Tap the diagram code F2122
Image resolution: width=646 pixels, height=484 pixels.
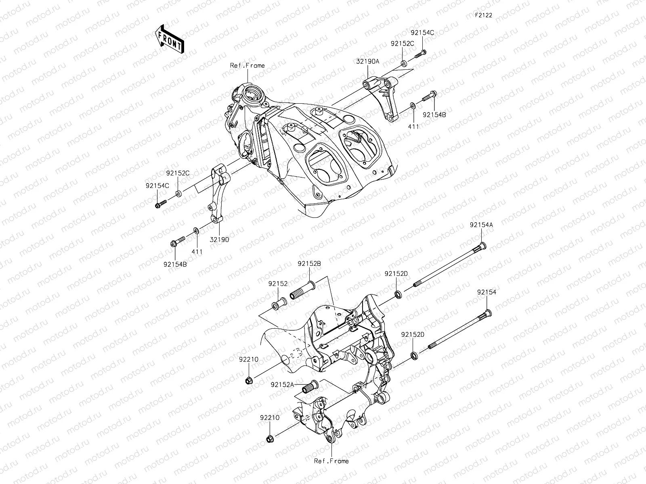pos(483,15)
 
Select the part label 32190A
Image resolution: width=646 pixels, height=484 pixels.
pos(367,62)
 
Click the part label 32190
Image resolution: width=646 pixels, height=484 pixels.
pos(219,239)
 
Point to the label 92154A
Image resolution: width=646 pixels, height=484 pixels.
pos(481,225)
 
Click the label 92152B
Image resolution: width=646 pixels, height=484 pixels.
pos(309,263)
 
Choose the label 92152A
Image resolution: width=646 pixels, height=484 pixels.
pos(282,385)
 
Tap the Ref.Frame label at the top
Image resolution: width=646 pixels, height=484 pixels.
pos(247,65)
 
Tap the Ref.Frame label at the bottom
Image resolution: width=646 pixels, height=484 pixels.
pos(331,461)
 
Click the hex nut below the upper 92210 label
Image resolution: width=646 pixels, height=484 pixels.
pos(249,380)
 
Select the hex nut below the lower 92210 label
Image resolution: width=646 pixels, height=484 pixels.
pos(270,439)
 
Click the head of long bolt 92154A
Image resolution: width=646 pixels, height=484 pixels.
pos(482,246)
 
